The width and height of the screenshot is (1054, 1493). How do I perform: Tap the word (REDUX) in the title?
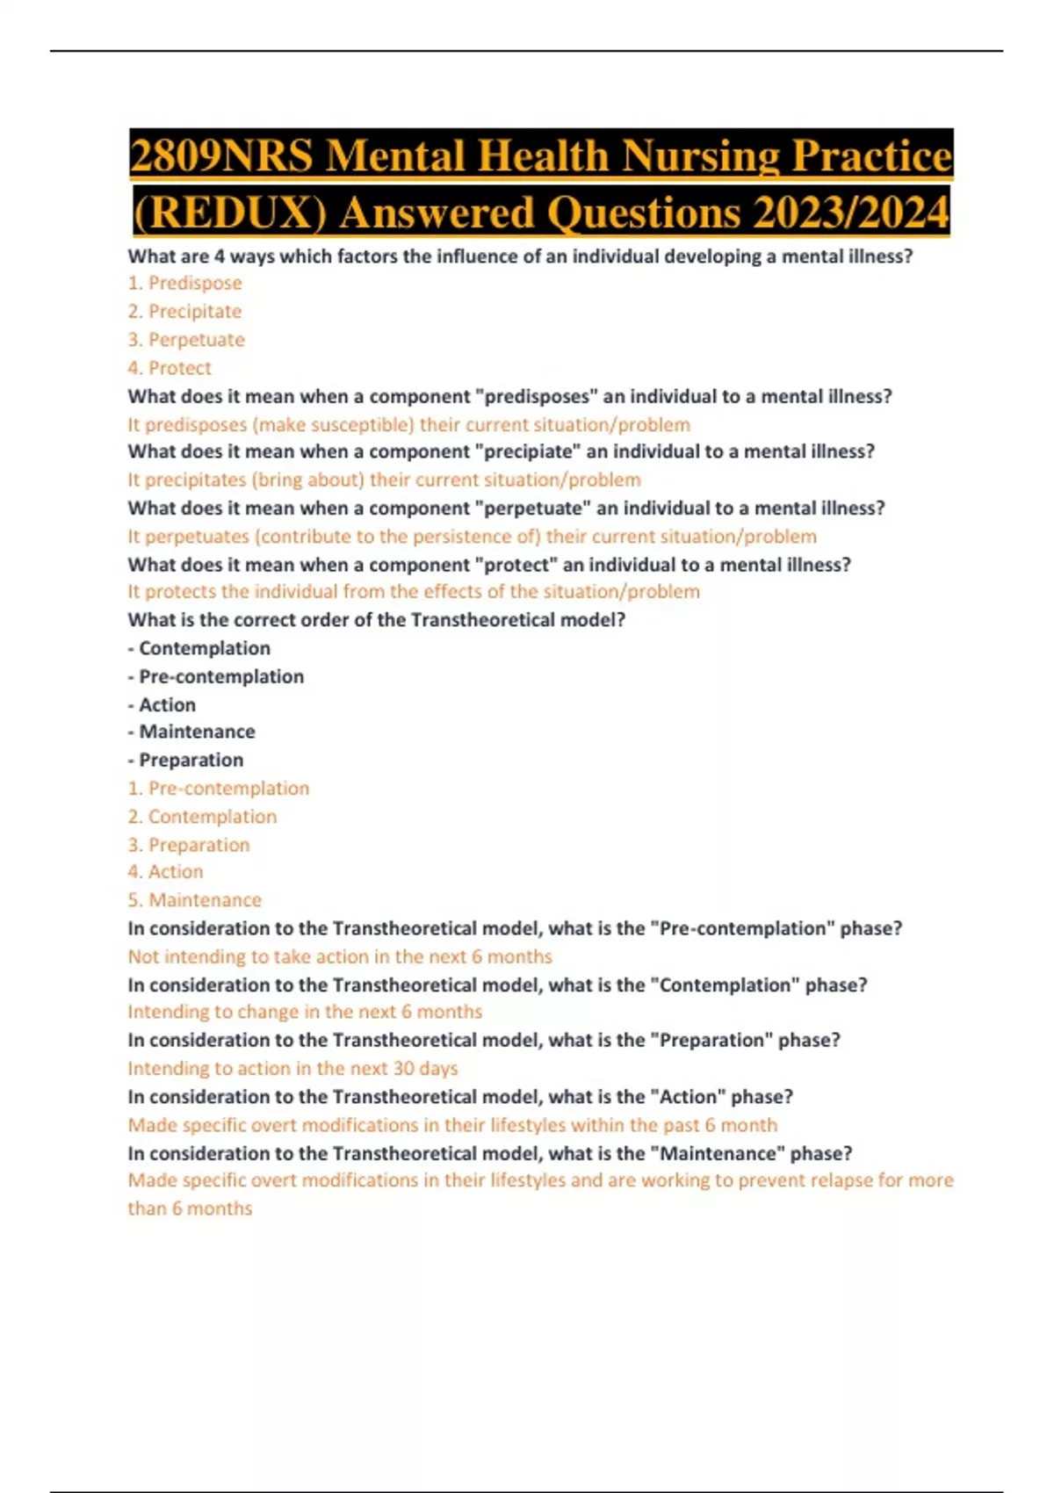point(230,213)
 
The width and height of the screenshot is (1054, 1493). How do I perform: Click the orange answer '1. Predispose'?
point(184,283)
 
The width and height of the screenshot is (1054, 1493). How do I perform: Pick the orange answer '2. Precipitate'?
point(184,311)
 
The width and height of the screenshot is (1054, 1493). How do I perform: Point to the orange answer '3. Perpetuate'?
point(186,340)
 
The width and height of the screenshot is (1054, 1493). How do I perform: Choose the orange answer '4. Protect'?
point(170,368)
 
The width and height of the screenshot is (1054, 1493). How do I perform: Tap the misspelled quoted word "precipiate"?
point(524,451)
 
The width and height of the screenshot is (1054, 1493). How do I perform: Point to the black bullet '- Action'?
point(162,704)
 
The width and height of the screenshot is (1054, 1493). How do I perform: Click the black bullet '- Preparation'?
point(185,760)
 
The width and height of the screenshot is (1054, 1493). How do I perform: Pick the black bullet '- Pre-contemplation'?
point(216,676)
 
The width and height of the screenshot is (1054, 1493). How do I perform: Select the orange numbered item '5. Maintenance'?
point(194,900)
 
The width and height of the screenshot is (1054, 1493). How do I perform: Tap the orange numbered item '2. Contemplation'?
point(202,817)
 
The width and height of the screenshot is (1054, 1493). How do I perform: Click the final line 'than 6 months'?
point(190,1208)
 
